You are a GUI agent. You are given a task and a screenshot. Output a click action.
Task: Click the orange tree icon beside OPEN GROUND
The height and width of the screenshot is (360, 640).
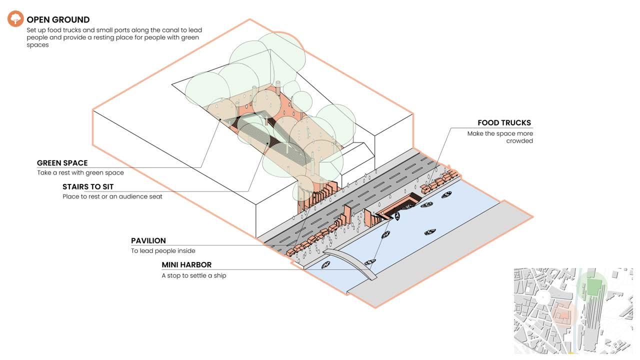click(15, 19)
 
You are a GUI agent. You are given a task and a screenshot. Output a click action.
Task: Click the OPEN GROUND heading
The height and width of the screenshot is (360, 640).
click(58, 20)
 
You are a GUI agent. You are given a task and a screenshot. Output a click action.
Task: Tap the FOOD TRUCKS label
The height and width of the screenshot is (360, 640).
click(504, 123)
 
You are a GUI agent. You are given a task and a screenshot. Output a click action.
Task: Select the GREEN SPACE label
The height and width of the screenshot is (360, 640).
click(62, 163)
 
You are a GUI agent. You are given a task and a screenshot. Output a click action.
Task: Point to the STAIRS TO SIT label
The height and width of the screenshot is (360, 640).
click(88, 187)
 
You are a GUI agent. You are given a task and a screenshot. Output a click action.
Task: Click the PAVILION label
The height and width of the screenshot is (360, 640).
click(148, 240)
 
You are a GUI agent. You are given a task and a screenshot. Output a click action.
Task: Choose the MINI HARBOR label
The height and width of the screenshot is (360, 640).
click(186, 265)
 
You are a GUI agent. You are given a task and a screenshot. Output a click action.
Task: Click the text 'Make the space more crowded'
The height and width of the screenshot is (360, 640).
click(500, 137)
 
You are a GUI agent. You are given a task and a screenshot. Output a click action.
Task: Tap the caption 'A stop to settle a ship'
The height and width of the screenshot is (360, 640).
click(194, 275)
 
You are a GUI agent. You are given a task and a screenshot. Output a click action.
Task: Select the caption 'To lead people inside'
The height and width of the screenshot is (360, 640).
click(163, 251)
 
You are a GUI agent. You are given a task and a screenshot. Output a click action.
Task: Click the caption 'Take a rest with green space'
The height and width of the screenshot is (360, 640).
click(80, 173)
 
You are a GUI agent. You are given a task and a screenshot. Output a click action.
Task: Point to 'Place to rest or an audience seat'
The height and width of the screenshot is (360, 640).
click(112, 196)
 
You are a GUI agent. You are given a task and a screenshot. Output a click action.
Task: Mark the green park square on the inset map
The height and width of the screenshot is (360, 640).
click(593, 287)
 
